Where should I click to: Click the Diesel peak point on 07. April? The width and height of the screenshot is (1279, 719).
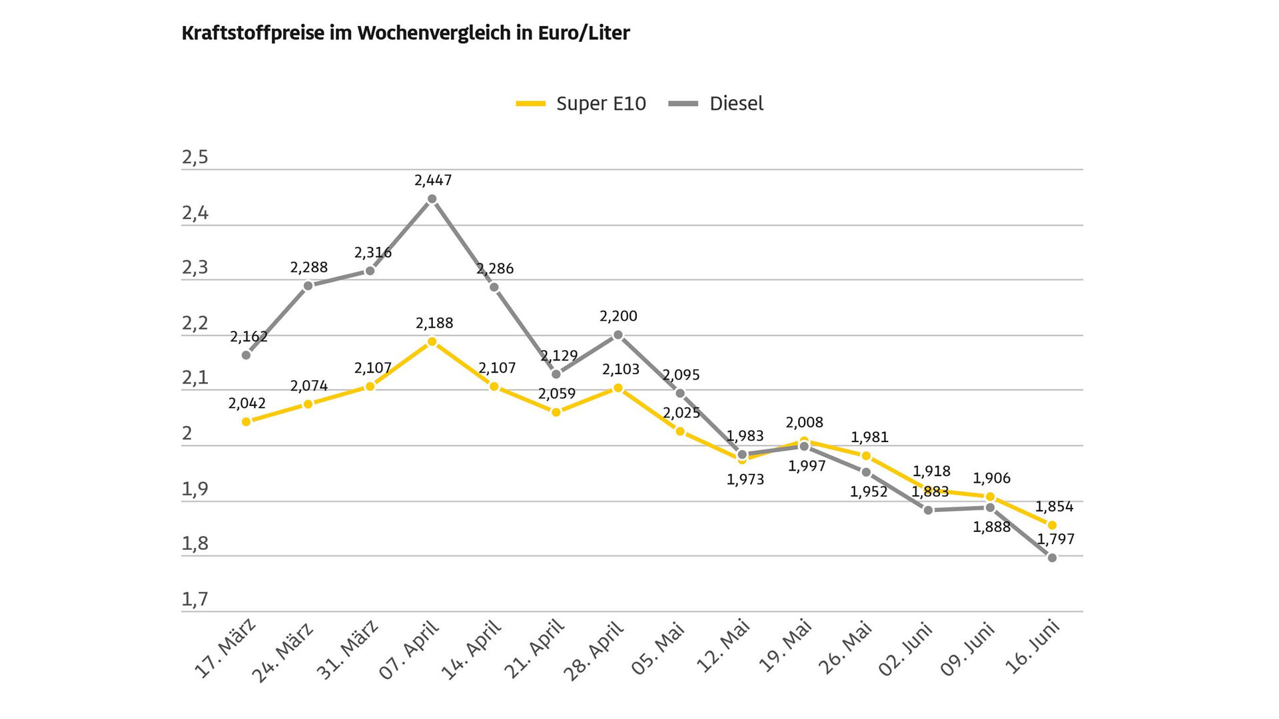point(432,199)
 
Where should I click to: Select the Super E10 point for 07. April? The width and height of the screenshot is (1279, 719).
point(432,342)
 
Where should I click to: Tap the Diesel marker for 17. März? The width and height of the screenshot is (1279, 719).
point(246,355)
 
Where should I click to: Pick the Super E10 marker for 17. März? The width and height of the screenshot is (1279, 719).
point(246,421)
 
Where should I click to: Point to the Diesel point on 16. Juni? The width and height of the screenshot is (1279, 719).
point(1053,558)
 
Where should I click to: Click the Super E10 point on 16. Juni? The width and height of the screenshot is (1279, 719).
point(1053,525)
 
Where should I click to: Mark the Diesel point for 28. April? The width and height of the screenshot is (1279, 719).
point(618,335)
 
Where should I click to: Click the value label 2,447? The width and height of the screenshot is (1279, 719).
point(433,180)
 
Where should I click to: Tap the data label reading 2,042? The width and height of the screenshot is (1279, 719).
point(247,403)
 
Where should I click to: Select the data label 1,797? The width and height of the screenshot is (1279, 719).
point(1056,539)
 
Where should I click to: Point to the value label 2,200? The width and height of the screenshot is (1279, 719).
point(618,316)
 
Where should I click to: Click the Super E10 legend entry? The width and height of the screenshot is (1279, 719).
point(581,104)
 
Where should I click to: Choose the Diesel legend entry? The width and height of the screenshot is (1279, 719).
point(716,104)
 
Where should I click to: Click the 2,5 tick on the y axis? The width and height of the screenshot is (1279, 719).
point(195,157)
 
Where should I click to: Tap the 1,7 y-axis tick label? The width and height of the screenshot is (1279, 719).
point(195,599)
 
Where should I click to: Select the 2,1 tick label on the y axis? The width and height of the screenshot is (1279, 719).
point(195,378)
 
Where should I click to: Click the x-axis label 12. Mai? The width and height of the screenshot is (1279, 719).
point(723,646)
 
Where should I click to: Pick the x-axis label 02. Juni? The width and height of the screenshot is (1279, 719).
point(906,649)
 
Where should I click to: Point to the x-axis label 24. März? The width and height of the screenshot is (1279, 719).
point(282,652)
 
